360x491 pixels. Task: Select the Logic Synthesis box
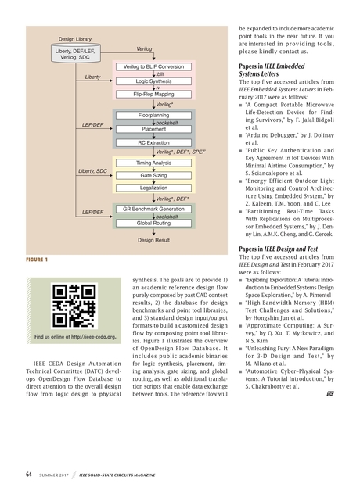click(154, 81)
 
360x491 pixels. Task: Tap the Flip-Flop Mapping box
click(154, 94)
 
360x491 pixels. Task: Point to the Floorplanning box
click(154, 116)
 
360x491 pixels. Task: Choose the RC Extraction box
click(154, 143)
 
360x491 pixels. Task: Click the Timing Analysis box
click(154, 163)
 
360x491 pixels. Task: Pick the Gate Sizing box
click(154, 176)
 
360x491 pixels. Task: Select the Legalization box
click(154, 188)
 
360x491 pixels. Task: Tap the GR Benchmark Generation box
click(154, 210)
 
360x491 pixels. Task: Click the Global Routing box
click(154, 223)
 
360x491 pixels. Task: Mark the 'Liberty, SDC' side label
click(93, 170)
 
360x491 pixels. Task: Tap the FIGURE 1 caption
click(36, 258)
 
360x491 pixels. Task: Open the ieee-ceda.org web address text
click(75, 337)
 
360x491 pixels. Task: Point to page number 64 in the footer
click(28, 474)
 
